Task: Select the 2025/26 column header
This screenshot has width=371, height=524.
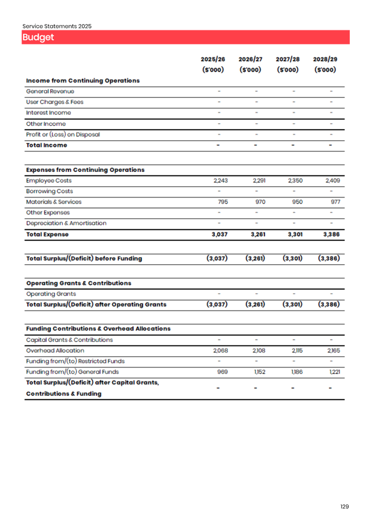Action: tap(213, 60)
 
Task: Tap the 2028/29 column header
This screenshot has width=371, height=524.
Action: tap(325, 60)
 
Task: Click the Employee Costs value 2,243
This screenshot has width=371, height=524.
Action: tap(221, 180)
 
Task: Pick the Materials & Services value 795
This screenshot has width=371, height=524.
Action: tap(223, 202)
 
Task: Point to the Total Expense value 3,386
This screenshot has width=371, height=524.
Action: tap(331, 234)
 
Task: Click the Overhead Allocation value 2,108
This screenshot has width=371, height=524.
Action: tap(259, 351)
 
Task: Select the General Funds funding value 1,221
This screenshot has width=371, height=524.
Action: tap(334, 372)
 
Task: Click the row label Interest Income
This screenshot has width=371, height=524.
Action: tap(49, 113)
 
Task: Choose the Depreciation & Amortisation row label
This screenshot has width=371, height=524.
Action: tap(66, 223)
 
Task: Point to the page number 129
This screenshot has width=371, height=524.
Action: tap(345, 507)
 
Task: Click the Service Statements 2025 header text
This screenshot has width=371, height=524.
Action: tap(57, 26)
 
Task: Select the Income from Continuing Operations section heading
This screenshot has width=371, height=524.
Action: tap(83, 81)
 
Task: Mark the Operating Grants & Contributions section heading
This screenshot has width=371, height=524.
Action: tap(78, 283)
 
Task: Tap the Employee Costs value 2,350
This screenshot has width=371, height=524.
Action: tap(295, 180)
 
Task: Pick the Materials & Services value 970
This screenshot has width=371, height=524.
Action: tap(260, 202)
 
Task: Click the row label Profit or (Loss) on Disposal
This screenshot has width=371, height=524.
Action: tap(63, 134)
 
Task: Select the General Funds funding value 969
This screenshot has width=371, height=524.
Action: tap(222, 372)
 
